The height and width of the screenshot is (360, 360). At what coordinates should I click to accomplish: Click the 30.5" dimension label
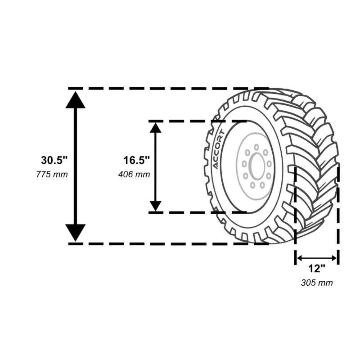pyautogui.click(x=54, y=160)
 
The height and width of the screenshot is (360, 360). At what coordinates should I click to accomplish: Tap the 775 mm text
pyautogui.click(x=52, y=175)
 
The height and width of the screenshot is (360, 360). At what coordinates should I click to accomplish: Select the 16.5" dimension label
pyautogui.click(x=137, y=160)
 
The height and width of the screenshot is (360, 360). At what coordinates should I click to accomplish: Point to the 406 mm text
pyautogui.click(x=134, y=175)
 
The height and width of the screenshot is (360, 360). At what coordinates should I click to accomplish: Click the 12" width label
pyautogui.click(x=317, y=268)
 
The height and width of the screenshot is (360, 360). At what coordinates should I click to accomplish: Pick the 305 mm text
pyautogui.click(x=317, y=283)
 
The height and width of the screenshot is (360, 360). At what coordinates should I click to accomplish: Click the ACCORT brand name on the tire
pyautogui.click(x=218, y=149)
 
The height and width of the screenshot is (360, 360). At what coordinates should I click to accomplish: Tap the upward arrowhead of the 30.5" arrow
pyautogui.click(x=75, y=99)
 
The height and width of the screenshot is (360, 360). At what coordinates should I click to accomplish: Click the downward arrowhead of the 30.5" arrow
pyautogui.click(x=75, y=233)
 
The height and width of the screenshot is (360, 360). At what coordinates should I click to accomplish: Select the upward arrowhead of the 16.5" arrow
pyautogui.click(x=155, y=128)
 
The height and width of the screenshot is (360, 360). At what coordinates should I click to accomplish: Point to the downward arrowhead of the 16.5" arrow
pyautogui.click(x=155, y=206)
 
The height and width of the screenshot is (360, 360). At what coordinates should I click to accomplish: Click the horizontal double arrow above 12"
pyautogui.click(x=317, y=258)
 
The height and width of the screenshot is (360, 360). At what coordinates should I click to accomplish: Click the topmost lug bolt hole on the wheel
pyautogui.click(x=256, y=147)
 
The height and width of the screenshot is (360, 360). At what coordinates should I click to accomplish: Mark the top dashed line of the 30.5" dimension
pyautogui.click(x=168, y=88)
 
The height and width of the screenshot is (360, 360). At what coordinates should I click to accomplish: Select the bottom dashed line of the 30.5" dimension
pyautogui.click(x=168, y=244)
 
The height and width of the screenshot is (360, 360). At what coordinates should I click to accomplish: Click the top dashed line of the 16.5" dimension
pyautogui.click(x=198, y=121)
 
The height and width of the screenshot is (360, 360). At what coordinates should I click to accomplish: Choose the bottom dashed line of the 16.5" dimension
pyautogui.click(x=198, y=212)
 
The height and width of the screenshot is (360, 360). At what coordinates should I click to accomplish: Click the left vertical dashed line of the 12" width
pyautogui.click(x=296, y=216)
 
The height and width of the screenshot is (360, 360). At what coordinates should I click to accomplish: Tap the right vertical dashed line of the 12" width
pyautogui.click(x=338, y=216)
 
